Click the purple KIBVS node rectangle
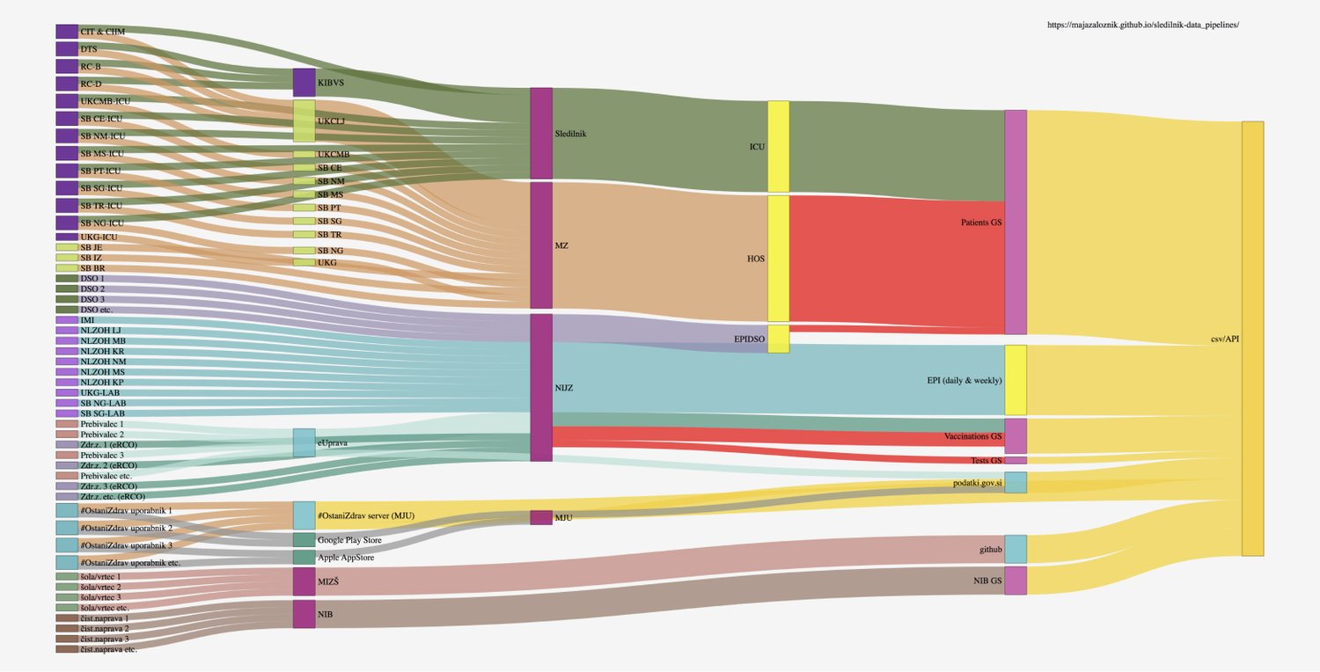pyautogui.click(x=304, y=82)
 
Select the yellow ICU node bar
pyautogui.click(x=778, y=146)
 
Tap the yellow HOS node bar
pyautogui.click(x=778, y=259)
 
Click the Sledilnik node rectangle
pyautogui.click(x=541, y=133)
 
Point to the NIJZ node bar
pyautogui.click(x=541, y=387)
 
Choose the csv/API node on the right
pyautogui.click(x=1252, y=339)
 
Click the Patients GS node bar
pyautogui.click(x=1016, y=222)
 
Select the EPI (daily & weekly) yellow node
pyautogui.click(x=1016, y=380)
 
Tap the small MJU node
pyautogui.click(x=541, y=517)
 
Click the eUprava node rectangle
pyautogui.click(x=304, y=442)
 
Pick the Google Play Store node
pyautogui.click(x=304, y=539)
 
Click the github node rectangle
pyautogui.click(x=1016, y=549)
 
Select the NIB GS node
pyautogui.click(x=1016, y=581)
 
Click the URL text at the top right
pyautogui.click(x=1142, y=26)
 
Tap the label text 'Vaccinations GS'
pyautogui.click(x=972, y=436)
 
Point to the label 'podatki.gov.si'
pyautogui.click(x=977, y=483)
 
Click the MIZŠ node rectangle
pyautogui.click(x=304, y=581)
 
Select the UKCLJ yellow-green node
pyautogui.click(x=304, y=121)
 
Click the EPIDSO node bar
pyautogui.click(x=778, y=339)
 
